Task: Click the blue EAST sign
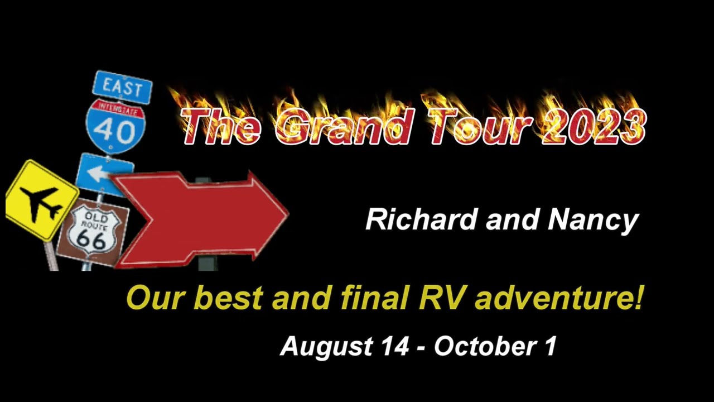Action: tap(122, 87)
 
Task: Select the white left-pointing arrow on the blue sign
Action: tap(97, 173)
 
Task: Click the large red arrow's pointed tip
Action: tap(288, 213)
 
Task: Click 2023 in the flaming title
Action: tap(594, 126)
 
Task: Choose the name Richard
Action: tap(421, 219)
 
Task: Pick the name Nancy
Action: tap(594, 221)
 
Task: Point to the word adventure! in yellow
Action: tap(558, 298)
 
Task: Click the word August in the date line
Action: tap(327, 347)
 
